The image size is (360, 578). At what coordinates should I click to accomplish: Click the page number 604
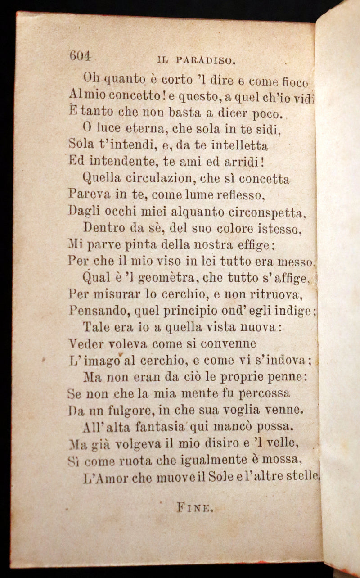[80, 56]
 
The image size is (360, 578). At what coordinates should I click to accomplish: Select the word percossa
[264, 393]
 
